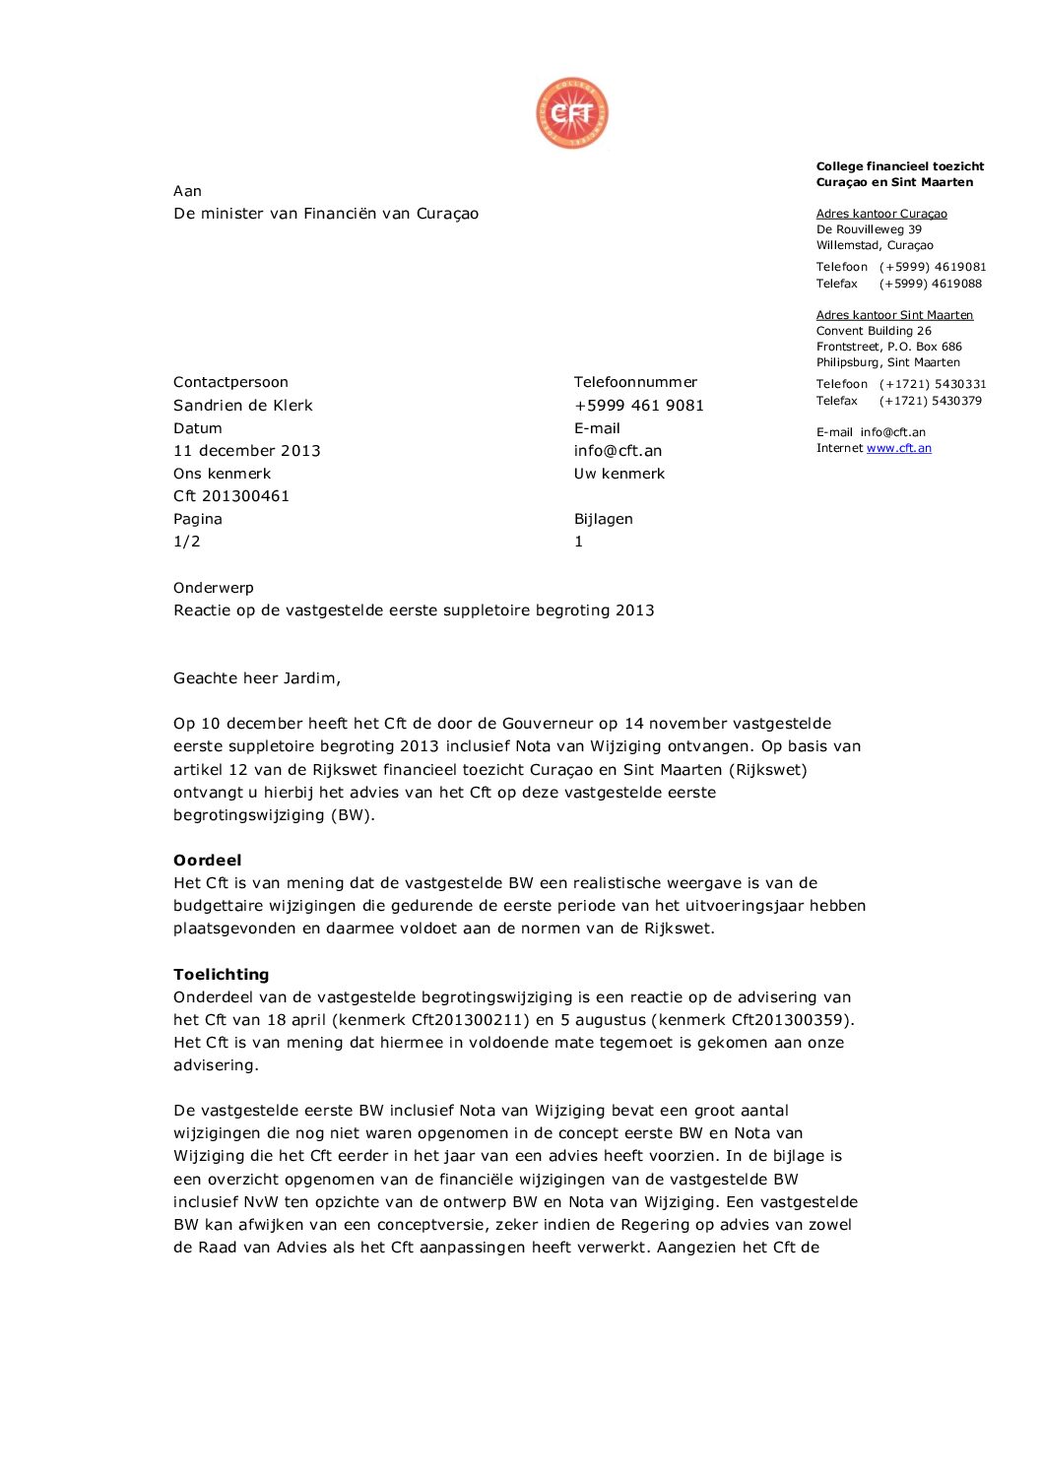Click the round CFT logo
tap(571, 114)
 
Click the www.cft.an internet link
tap(898, 448)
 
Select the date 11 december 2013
tap(246, 451)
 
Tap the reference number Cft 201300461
tap(230, 496)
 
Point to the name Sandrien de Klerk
tap(242, 406)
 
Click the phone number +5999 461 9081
tap(638, 406)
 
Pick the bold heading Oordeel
tap(207, 861)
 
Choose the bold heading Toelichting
tap(221, 975)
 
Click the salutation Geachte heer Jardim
tap(256, 678)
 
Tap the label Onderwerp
tap(213, 588)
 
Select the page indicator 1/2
tap(186, 542)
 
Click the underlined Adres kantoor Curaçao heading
tap(880, 214)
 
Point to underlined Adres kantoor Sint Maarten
tap(893, 315)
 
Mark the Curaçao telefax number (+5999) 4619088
tap(930, 284)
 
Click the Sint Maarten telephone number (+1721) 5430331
tap(932, 384)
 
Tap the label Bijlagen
tap(603, 519)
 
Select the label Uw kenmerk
tap(619, 474)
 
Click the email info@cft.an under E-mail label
tap(618, 451)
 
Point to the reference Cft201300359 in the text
tap(791, 1020)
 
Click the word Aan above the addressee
tap(187, 191)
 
